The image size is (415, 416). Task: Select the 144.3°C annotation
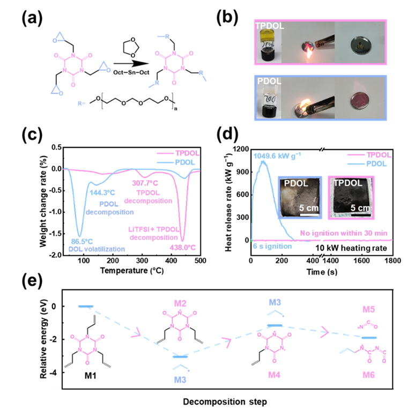click(x=102, y=192)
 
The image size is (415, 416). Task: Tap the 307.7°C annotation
click(x=146, y=183)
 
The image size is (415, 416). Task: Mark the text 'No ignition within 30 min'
click(x=344, y=233)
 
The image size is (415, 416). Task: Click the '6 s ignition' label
click(x=272, y=247)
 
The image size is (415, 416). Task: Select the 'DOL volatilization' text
click(x=96, y=249)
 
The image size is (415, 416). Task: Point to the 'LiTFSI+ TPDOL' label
click(x=147, y=229)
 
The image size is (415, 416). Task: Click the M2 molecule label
click(x=180, y=303)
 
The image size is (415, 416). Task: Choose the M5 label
click(x=368, y=310)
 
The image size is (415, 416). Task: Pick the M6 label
click(x=368, y=375)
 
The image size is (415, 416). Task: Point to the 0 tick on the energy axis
click(x=54, y=307)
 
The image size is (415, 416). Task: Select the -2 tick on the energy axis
click(x=54, y=340)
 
